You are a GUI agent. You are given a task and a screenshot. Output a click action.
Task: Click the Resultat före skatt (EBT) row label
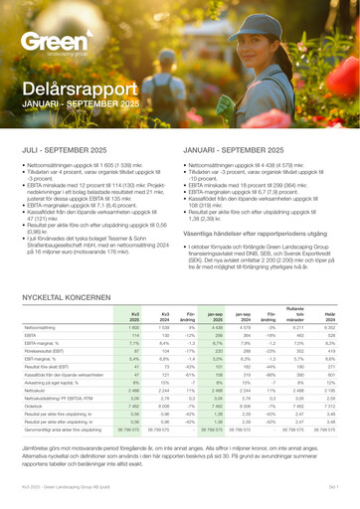coord(44,351)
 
